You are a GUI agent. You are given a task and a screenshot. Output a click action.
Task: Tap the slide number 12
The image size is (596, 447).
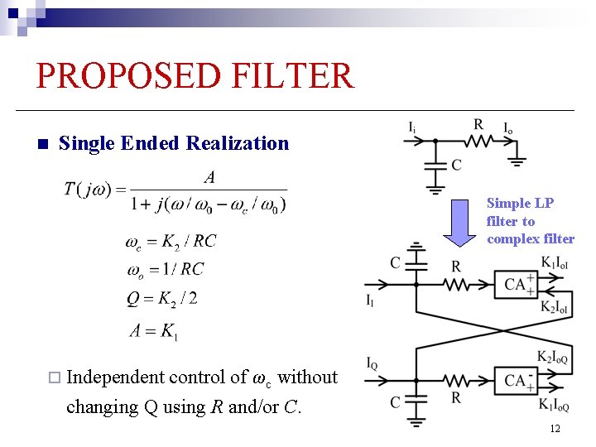click(555, 428)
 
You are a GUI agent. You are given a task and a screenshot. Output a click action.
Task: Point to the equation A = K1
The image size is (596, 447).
click(154, 331)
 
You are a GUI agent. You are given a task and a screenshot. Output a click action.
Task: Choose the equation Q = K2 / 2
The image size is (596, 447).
click(162, 298)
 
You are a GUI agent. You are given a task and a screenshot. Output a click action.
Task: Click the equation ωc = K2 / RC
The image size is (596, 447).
click(171, 242)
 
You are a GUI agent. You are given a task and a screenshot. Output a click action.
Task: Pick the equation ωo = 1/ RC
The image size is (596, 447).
click(164, 269)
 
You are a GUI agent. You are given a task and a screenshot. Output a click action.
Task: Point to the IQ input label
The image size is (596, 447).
click(373, 363)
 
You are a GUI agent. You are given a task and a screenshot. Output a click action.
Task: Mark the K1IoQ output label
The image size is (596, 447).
click(555, 405)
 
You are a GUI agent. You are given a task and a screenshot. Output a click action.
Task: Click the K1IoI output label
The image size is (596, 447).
click(555, 263)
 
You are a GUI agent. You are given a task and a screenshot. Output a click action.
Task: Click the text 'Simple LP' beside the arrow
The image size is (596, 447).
click(520, 203)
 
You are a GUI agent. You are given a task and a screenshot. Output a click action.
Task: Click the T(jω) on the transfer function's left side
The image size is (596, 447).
click(89, 190)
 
